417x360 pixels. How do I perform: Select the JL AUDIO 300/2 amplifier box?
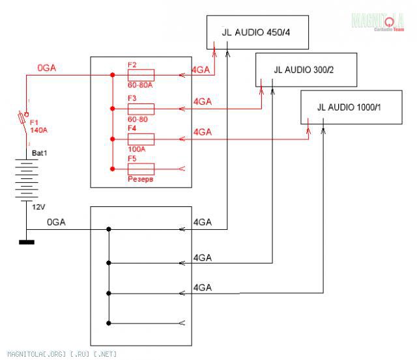[306, 69]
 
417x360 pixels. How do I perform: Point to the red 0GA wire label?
[48, 67]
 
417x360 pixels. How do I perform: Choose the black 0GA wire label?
[57, 223]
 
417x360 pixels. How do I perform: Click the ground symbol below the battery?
[27, 243]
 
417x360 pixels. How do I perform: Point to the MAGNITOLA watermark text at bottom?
[59, 354]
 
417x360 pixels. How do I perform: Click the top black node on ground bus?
[109, 229]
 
